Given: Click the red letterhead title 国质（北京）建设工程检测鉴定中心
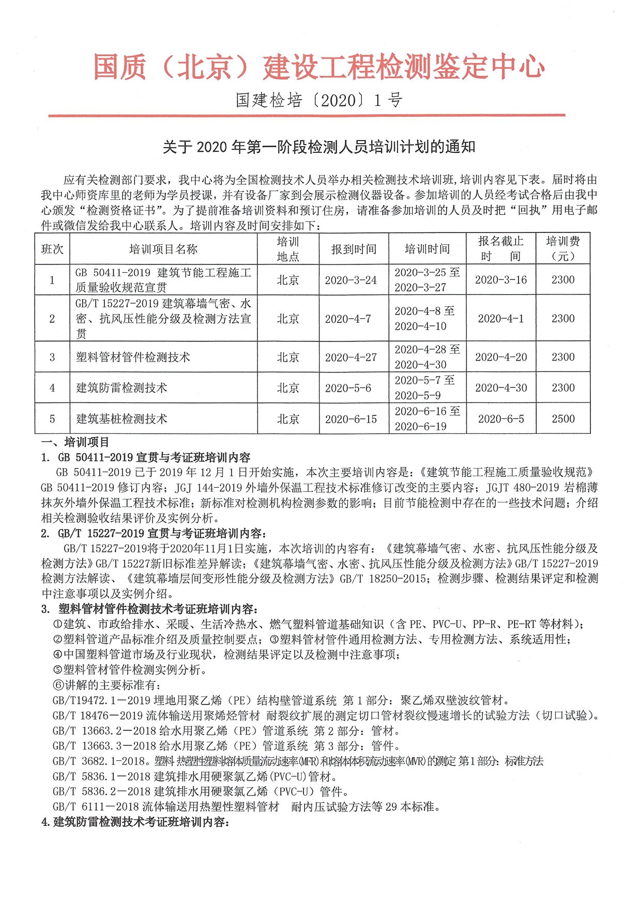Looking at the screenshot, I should (319, 67).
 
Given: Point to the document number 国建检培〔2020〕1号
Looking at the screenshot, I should (319, 100).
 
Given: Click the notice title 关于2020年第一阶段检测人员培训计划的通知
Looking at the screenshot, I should (319, 147).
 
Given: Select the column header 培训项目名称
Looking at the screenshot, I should (163, 249).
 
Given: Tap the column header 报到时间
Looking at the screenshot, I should (354, 249).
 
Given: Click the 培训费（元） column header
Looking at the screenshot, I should (563, 248).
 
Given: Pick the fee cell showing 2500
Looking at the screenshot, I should (563, 419).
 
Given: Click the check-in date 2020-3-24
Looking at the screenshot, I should (350, 280).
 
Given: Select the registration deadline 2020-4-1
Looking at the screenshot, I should (500, 319).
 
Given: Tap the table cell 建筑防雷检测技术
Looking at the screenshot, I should (122, 388).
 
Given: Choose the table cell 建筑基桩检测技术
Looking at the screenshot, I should (122, 419).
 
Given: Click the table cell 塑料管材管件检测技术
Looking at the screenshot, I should (133, 357).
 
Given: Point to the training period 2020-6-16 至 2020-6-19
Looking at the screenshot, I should (427, 419).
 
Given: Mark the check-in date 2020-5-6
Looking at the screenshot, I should (348, 388).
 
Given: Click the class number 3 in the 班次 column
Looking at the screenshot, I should (52, 357).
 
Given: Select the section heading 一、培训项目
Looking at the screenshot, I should (75, 442).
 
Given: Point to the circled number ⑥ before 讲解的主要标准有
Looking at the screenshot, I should (58, 685).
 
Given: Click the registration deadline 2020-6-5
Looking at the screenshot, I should (500, 419).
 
